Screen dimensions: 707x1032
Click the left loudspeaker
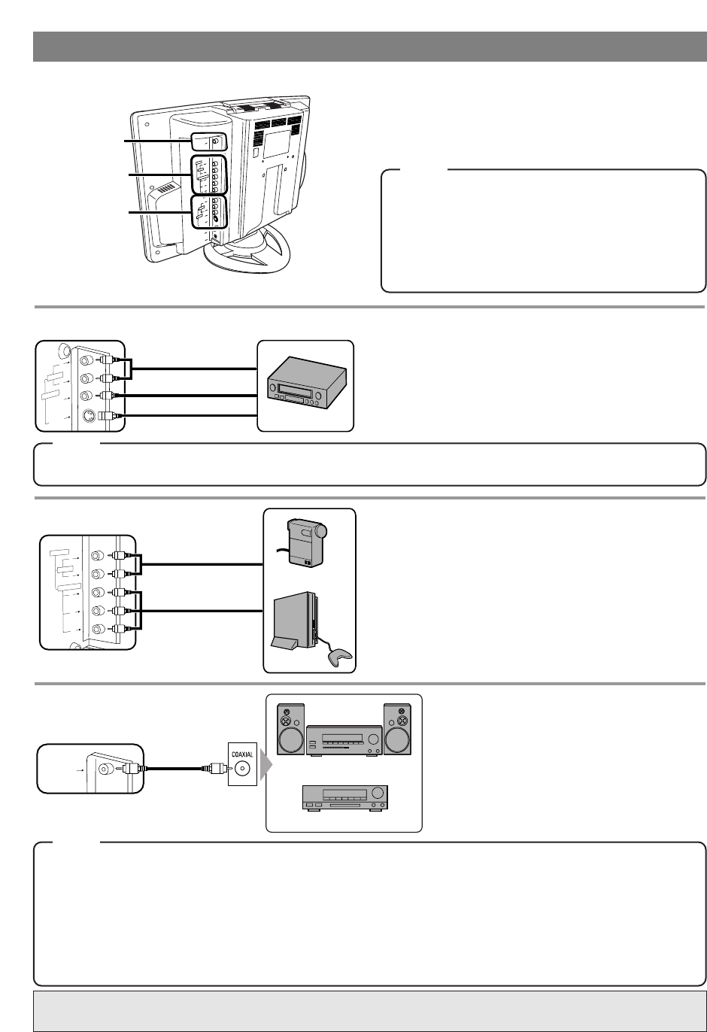pos(290,729)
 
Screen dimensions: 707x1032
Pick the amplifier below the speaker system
pos(344,797)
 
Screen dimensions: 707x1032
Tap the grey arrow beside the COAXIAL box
pos(265,768)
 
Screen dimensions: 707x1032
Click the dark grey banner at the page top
pos(369,47)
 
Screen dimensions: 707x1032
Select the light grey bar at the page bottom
pos(369,1010)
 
